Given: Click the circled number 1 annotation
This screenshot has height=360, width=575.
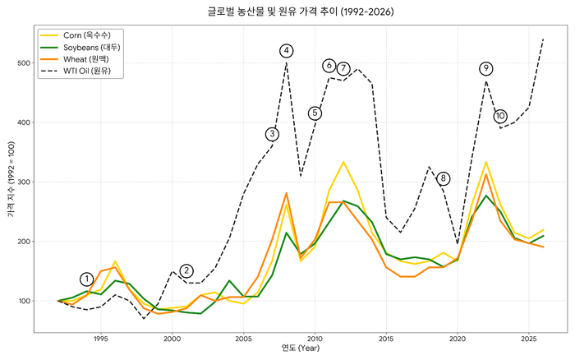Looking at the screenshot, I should click(87, 279).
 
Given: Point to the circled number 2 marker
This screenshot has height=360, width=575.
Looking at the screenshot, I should click(186, 270).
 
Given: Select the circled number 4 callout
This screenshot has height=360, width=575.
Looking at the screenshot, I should click(286, 51).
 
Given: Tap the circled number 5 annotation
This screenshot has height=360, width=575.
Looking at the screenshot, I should click(315, 113).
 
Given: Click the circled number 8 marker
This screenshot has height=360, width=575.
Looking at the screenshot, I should click(444, 178).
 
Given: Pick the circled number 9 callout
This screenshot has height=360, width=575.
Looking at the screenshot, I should click(486, 68).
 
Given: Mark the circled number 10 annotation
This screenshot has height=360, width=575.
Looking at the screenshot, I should click(500, 116).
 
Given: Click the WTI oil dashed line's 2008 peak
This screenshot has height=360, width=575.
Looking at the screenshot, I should click(286, 63).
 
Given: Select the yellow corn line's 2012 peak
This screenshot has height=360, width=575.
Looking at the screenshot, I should click(343, 162).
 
